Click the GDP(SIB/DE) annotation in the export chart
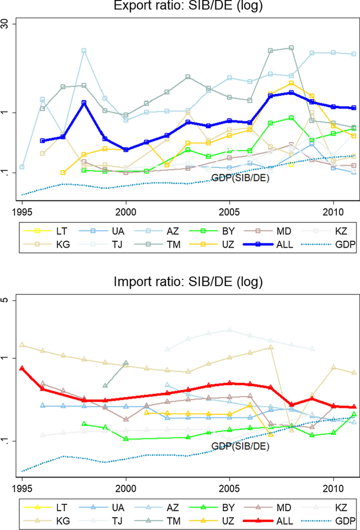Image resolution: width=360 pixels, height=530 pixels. [x=240, y=178]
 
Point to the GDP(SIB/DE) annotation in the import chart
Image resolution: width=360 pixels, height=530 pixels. [x=240, y=446]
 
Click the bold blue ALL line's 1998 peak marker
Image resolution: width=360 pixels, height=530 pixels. [x=84, y=103]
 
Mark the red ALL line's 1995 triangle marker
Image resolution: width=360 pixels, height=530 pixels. [x=22, y=369]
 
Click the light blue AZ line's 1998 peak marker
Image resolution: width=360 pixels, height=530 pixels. [x=84, y=51]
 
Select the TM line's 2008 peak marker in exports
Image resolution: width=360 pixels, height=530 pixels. [x=291, y=48]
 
